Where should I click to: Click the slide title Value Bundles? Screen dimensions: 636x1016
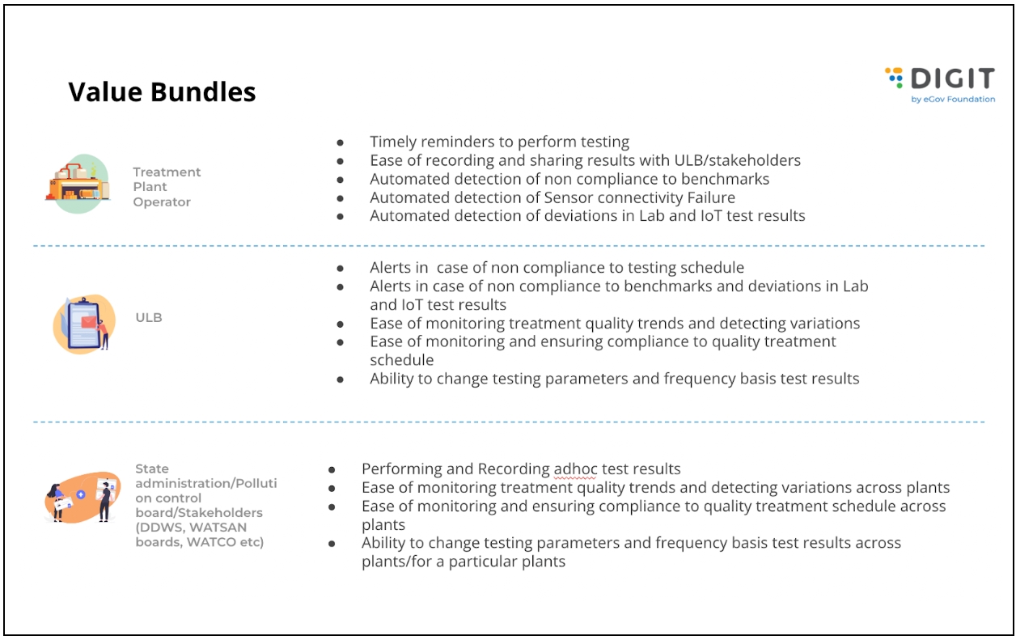(162, 92)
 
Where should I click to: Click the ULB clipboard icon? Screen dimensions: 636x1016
(81, 323)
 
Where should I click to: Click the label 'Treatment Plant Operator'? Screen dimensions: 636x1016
(167, 187)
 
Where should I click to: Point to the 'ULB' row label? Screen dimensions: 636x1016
(149, 317)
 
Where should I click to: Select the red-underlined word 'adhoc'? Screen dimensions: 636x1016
(574, 469)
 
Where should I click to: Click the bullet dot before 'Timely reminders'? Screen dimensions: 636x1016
(341, 142)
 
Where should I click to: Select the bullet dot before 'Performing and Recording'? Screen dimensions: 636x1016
(332, 470)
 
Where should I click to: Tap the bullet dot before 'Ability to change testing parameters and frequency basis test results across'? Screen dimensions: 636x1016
(332, 544)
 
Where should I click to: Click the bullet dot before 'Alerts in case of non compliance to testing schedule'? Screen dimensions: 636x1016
(341, 268)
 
